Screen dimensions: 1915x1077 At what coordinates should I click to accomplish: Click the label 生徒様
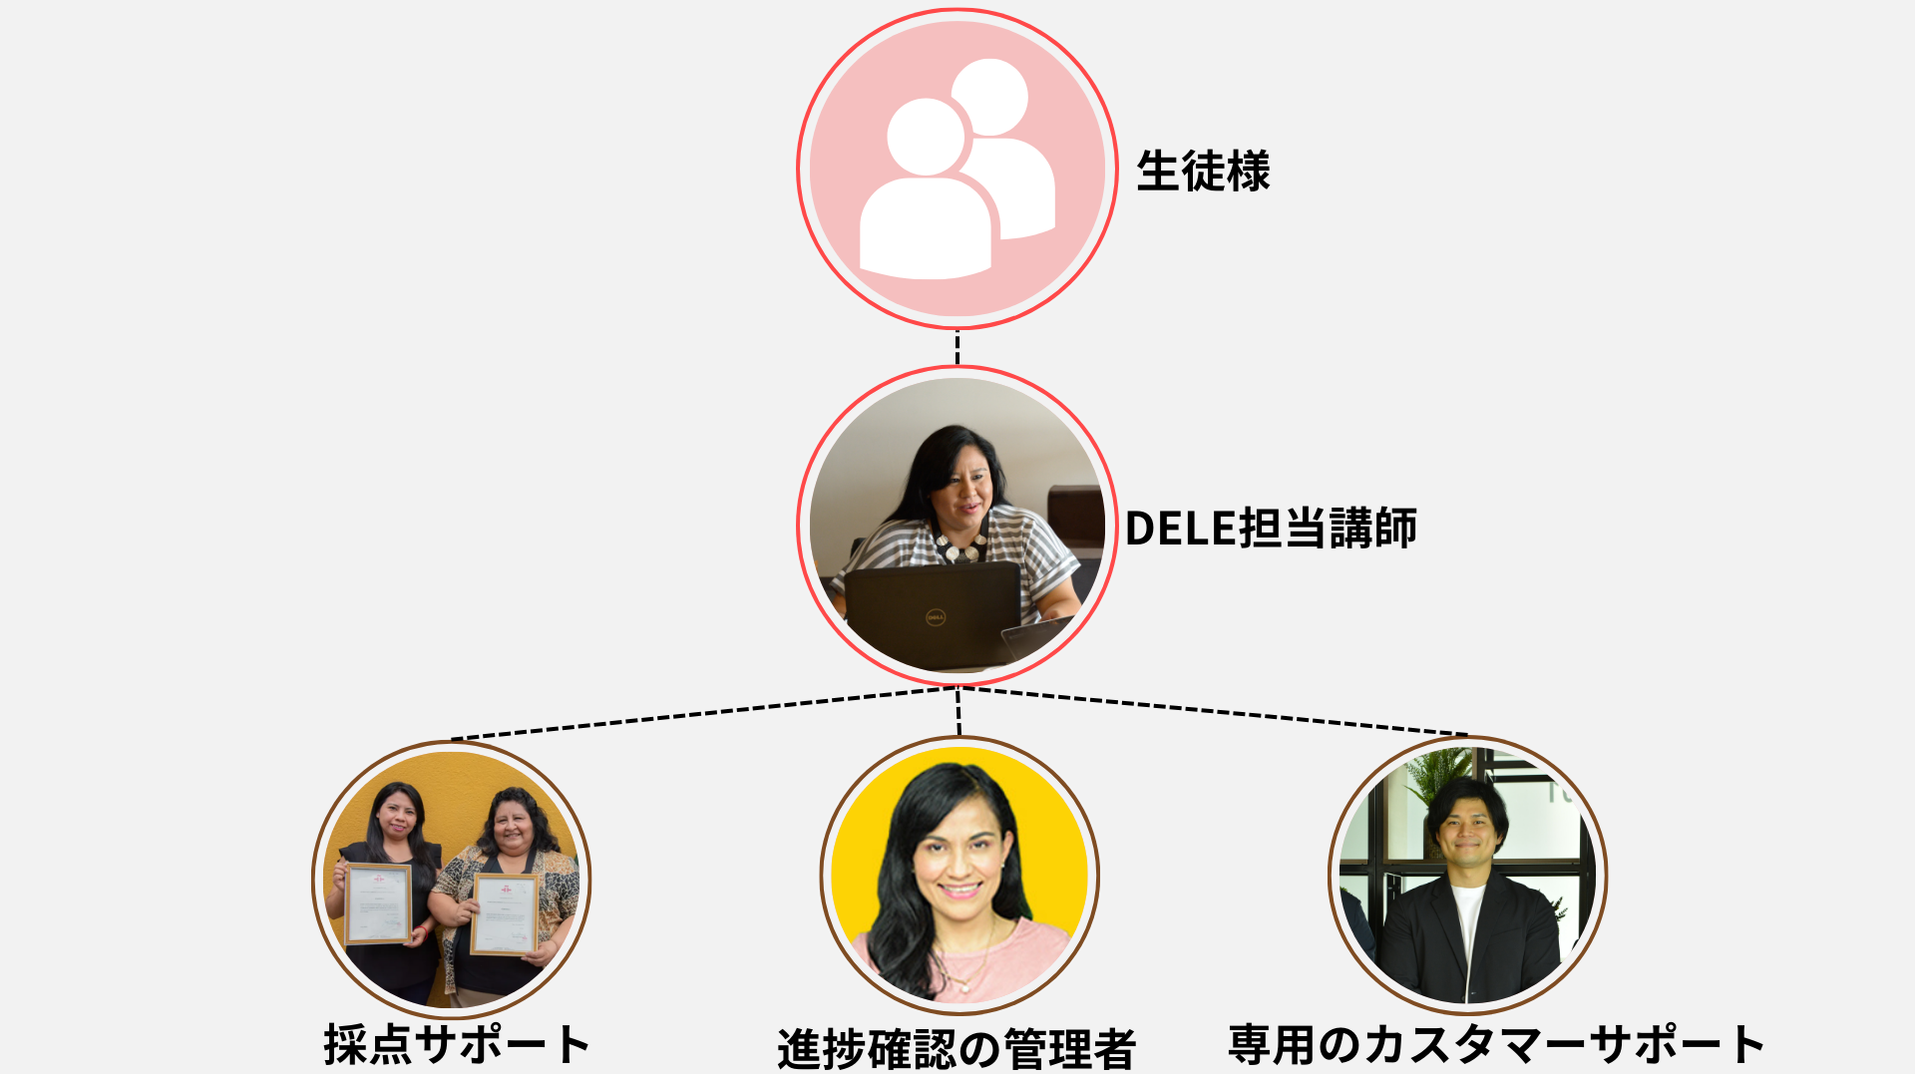[1203, 172]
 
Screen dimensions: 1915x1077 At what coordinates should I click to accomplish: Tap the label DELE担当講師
[1271, 528]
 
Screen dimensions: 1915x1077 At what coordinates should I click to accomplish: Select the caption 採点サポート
[456, 1045]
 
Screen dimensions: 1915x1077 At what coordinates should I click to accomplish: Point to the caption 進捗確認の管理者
[957, 1049]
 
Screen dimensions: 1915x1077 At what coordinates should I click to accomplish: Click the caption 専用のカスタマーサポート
[1496, 1045]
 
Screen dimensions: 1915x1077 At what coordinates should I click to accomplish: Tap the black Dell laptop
[934, 615]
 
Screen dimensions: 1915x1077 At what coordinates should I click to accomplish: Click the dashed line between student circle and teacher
[957, 348]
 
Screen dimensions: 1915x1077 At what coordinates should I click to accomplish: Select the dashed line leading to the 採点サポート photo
[704, 713]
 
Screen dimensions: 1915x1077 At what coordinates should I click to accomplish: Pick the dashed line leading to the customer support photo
[1213, 710]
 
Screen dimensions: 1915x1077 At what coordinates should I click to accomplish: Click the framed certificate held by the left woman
[378, 903]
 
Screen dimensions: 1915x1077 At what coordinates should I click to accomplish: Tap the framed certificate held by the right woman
[505, 914]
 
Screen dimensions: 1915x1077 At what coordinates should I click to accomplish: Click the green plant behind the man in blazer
[1436, 777]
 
